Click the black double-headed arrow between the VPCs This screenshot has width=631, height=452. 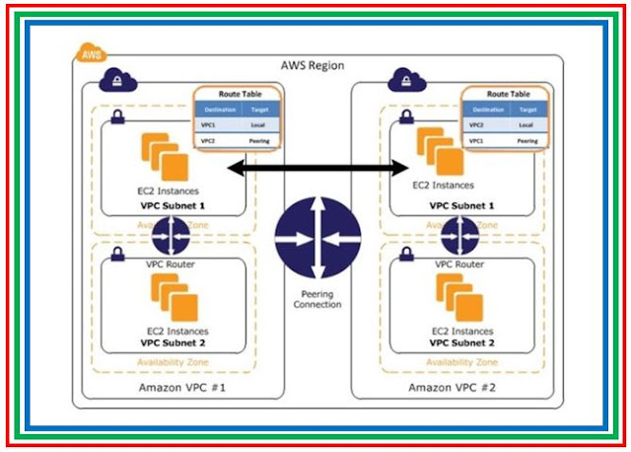pos(316,169)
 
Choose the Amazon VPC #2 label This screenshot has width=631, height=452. pos(453,387)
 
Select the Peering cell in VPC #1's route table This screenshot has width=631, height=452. pos(257,141)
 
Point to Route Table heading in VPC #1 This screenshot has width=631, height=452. pos(236,94)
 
